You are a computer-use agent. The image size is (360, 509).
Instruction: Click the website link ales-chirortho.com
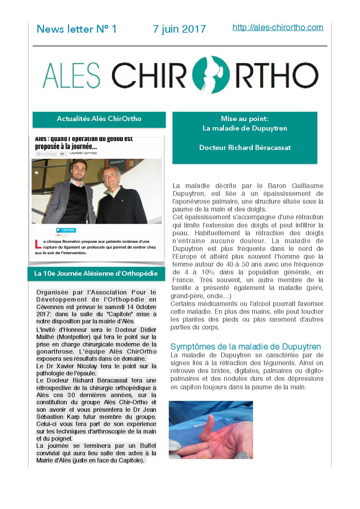click(x=278, y=28)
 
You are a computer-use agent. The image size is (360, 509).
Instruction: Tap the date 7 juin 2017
click(x=179, y=29)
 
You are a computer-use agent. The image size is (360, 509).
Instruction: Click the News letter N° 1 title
click(x=77, y=29)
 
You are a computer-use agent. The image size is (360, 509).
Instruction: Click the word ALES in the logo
click(x=71, y=75)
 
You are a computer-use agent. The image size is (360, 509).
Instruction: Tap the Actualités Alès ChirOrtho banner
click(x=99, y=119)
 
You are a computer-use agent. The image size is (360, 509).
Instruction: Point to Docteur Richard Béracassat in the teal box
click(x=245, y=148)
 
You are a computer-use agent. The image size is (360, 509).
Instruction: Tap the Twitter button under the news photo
click(x=66, y=230)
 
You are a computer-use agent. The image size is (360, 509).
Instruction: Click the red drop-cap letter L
click(x=38, y=244)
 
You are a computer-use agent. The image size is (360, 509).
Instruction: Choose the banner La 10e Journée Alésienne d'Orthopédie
click(x=96, y=274)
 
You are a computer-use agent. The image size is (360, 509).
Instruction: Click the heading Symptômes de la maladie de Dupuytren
click(x=245, y=347)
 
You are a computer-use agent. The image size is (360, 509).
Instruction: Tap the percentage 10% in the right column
click(x=208, y=272)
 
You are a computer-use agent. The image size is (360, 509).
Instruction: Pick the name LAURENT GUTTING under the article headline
click(x=83, y=153)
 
